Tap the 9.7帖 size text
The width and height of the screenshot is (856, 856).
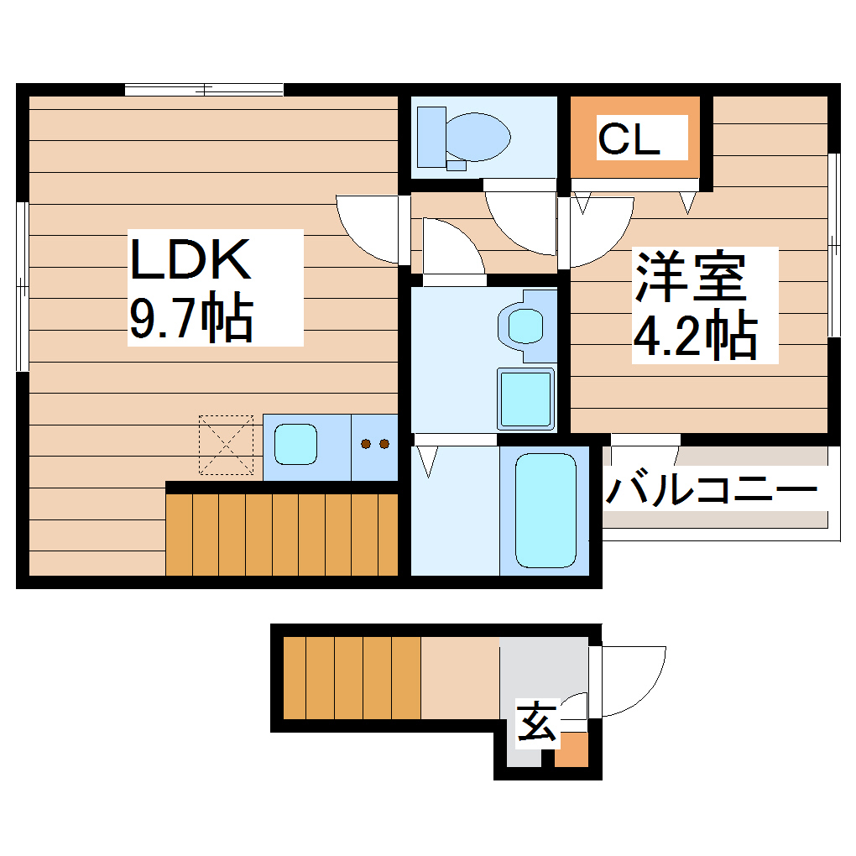pyautogui.click(x=191, y=318)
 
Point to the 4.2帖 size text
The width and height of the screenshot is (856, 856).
pyautogui.click(x=695, y=335)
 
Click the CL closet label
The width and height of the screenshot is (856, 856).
pyautogui.click(x=629, y=139)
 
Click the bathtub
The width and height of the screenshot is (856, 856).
pyautogui.click(x=545, y=510)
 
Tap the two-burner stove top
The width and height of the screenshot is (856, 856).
pyautogui.click(x=373, y=444)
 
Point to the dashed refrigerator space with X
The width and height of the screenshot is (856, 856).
pyautogui.click(x=226, y=444)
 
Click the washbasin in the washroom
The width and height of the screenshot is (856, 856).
pyautogui.click(x=525, y=325)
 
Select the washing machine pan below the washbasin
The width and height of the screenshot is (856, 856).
pyautogui.click(x=526, y=398)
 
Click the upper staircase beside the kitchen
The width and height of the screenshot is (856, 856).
pyautogui.click(x=281, y=534)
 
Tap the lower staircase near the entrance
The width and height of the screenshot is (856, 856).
pyautogui.click(x=351, y=677)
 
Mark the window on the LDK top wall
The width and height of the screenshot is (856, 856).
pyautogui.click(x=204, y=90)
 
